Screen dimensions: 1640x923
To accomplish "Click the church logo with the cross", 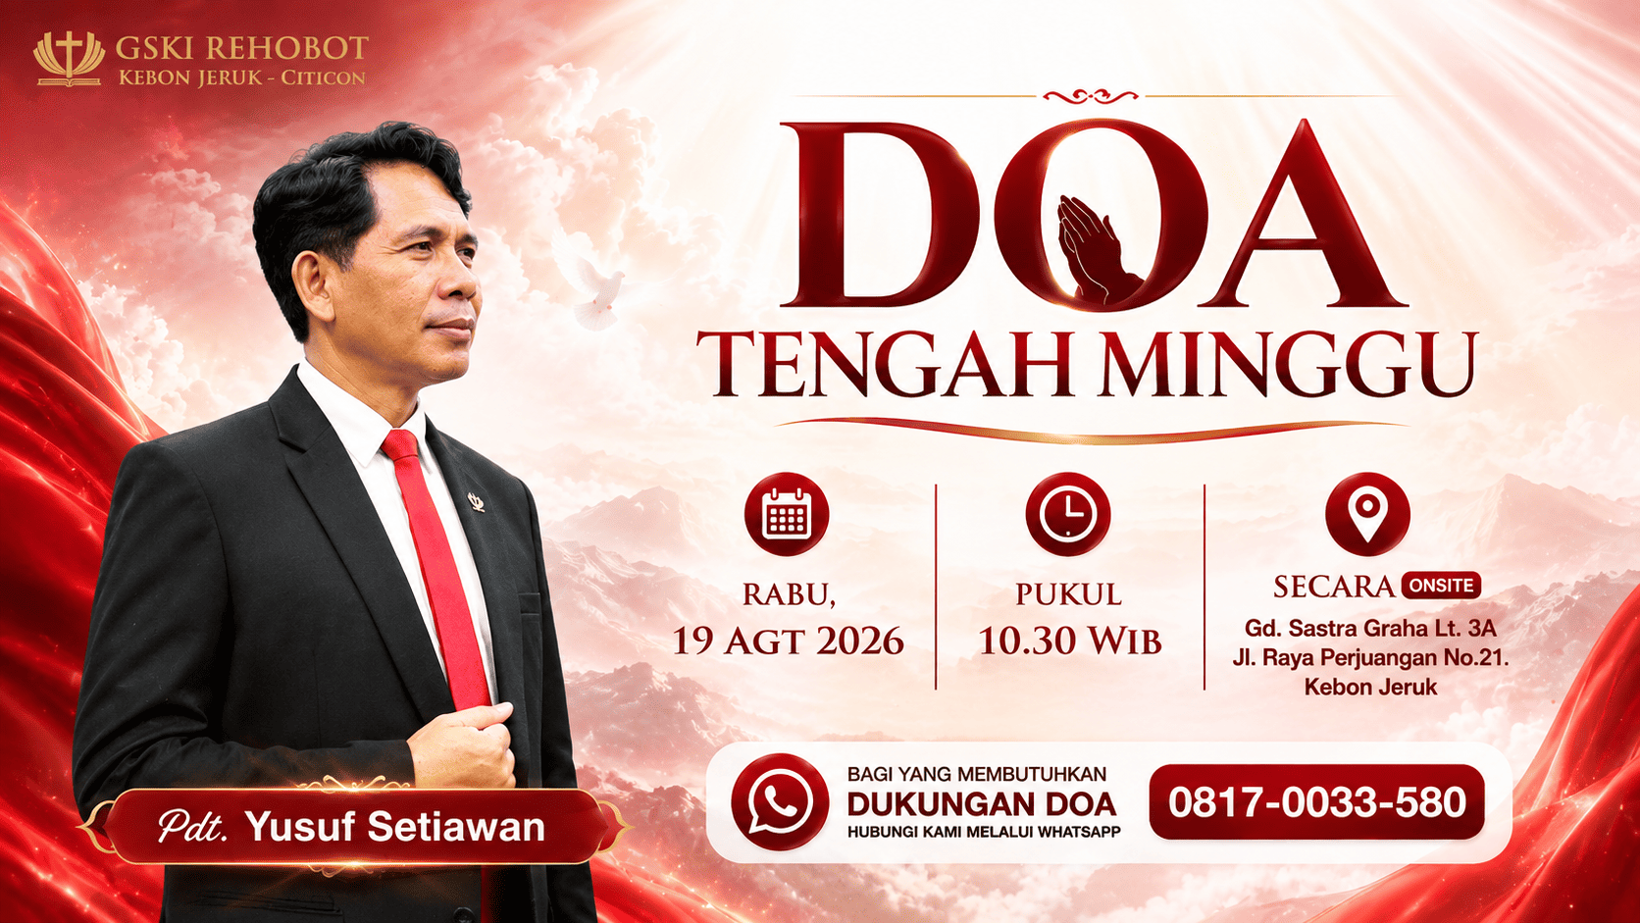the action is (x=69, y=59).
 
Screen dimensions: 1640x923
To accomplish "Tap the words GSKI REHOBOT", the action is (x=241, y=48).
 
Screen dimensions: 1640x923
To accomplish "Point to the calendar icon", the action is (x=787, y=514).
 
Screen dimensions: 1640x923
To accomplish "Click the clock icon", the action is (x=1067, y=514).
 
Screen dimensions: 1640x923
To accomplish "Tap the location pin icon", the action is (x=1367, y=514).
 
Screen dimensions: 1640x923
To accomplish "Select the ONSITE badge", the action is (x=1441, y=586).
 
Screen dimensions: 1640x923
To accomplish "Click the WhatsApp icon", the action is (x=780, y=802).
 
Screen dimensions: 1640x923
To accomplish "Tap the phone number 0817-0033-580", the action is (x=1317, y=802).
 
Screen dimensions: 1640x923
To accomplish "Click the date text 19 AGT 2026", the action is (x=789, y=641).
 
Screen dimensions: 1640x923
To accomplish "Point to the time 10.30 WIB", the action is (x=1070, y=641).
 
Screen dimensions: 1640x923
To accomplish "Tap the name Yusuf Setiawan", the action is (x=395, y=826).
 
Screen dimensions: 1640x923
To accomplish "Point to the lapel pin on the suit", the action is (x=477, y=502).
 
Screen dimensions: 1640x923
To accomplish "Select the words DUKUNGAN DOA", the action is (x=982, y=804).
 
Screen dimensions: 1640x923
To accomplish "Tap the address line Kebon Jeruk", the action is (x=1370, y=688).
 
